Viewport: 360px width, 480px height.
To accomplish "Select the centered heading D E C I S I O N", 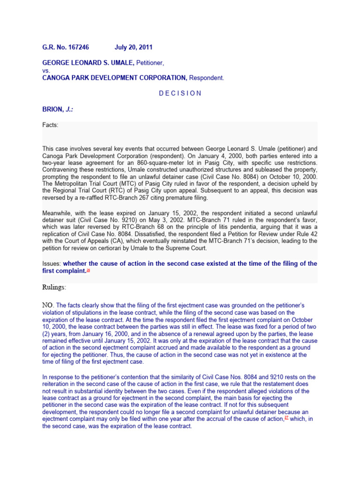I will pyautogui.click(x=180, y=93).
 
